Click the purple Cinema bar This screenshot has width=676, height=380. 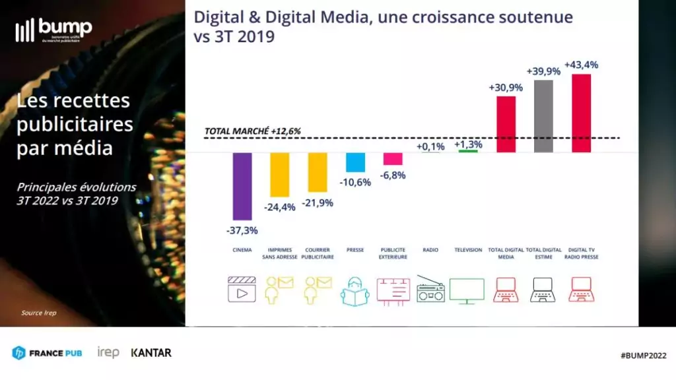(x=242, y=186)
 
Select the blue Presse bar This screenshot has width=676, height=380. (x=355, y=162)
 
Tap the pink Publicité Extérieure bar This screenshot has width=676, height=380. (x=393, y=159)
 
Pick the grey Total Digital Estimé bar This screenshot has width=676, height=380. (x=543, y=116)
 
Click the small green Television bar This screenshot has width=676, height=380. (x=467, y=151)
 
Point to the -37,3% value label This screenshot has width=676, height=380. (x=242, y=230)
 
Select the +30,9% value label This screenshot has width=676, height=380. (x=505, y=87)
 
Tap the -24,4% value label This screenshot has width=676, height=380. (x=279, y=207)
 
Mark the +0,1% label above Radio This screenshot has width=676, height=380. (x=430, y=146)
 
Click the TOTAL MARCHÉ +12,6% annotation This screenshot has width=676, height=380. (x=252, y=131)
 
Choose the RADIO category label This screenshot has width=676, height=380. (x=430, y=250)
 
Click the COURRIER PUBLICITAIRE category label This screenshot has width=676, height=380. (x=318, y=253)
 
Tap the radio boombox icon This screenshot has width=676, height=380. (x=430, y=290)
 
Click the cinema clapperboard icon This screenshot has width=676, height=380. (x=242, y=289)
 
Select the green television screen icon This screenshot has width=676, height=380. (x=467, y=290)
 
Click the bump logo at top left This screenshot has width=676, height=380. (x=53, y=30)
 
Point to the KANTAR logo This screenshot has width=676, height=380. (x=151, y=353)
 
